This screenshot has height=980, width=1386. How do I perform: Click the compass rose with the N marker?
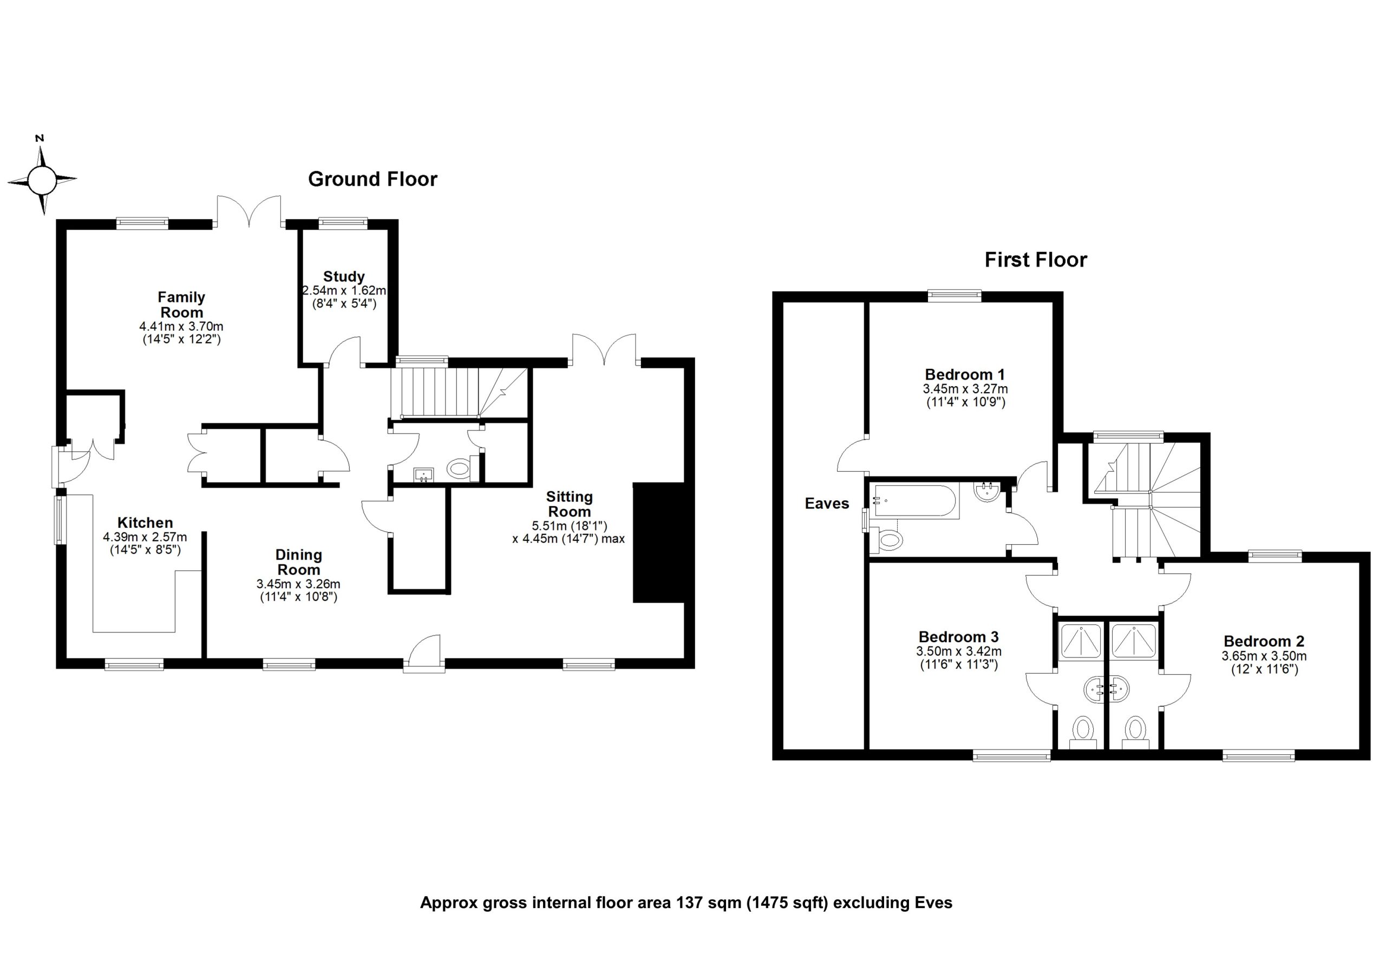click(42, 179)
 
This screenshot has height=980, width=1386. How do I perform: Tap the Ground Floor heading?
click(372, 179)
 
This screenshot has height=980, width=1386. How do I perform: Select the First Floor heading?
click(1035, 260)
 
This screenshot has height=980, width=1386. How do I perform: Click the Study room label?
click(343, 277)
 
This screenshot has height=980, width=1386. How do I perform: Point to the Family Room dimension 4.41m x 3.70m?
click(181, 326)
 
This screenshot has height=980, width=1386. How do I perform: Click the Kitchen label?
click(145, 523)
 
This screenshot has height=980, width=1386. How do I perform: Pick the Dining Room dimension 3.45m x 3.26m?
click(298, 584)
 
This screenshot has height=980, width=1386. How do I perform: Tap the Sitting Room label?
click(569, 504)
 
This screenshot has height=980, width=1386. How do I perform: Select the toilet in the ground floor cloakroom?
click(460, 468)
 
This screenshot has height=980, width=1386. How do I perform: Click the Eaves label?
click(826, 504)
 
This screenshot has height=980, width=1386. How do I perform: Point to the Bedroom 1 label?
click(965, 374)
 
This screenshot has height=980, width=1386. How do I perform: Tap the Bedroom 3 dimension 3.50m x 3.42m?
click(959, 651)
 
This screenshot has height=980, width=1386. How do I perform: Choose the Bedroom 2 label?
click(1264, 641)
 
